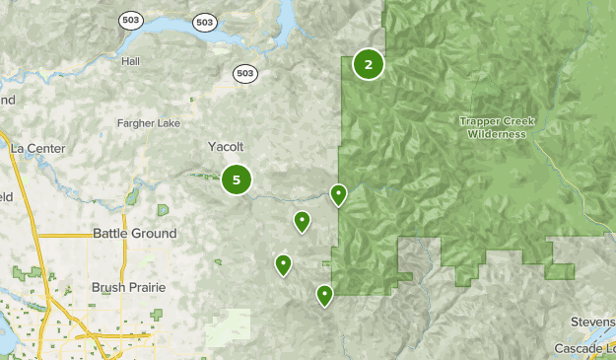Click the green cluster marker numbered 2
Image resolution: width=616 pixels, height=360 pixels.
[368, 65]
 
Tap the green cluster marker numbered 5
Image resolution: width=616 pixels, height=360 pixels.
[237, 180]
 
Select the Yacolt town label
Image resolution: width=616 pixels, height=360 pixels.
[225, 146]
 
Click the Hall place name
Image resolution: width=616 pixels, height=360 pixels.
[131, 61]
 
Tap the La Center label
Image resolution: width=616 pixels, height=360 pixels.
[37, 148]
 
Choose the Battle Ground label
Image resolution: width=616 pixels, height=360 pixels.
[134, 234]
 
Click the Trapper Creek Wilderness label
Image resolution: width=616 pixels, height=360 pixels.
[498, 127]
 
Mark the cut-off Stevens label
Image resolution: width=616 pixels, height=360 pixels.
[592, 323]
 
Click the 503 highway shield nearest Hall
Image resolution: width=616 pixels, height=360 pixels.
[130, 20]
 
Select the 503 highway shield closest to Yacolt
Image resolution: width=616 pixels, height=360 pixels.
[246, 73]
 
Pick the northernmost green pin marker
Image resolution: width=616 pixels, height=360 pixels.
[338, 193]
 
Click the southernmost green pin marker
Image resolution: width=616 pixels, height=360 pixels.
[324, 294]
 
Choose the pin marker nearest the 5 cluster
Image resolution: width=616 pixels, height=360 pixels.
[302, 220]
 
